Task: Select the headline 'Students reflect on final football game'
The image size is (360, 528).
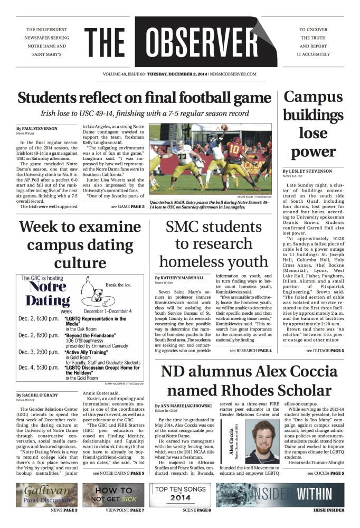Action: pyautogui.click(x=145, y=98)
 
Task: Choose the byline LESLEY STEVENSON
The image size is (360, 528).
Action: pyautogui.click(x=310, y=172)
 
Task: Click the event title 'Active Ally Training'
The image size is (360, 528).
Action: pyautogui.click(x=88, y=351)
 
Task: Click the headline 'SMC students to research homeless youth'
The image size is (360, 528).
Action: pyautogui.click(x=214, y=245)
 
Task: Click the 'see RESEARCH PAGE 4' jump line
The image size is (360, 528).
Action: pyautogui.click(x=250, y=351)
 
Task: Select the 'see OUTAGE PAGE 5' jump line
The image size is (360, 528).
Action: pyautogui.click(x=325, y=351)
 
